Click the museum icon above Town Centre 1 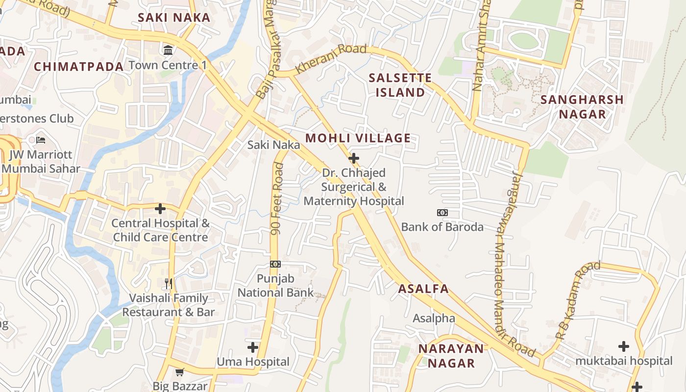(168, 50)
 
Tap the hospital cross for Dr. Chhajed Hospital (353, 158)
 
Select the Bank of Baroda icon (442, 213)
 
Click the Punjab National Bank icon (275, 264)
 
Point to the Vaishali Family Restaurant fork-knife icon (169, 284)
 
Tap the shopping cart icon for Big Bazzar (180, 372)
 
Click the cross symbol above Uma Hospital (253, 347)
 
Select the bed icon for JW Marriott (41, 140)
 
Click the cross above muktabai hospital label (623, 346)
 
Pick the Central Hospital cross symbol (160, 209)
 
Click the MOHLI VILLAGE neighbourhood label (358, 138)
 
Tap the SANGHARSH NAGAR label (582, 107)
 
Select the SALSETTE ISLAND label (400, 85)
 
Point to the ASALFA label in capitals (423, 289)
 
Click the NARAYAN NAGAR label (451, 356)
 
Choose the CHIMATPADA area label (78, 67)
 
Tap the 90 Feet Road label (277, 198)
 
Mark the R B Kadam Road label (578, 301)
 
